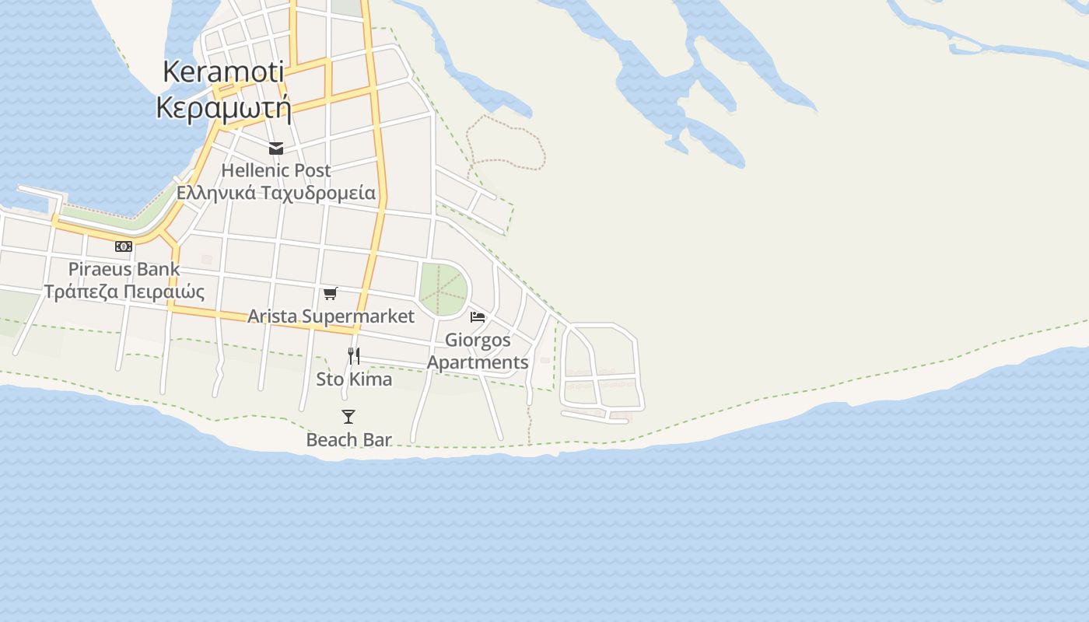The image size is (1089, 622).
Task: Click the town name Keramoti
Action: (x=223, y=72)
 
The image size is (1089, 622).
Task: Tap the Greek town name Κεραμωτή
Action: (x=223, y=107)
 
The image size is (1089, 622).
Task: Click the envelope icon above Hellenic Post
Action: (x=276, y=149)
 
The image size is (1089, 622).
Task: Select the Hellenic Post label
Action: (x=276, y=170)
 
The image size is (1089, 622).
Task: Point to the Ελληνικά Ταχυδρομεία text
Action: (x=276, y=193)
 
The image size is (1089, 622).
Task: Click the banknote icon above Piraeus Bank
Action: (x=124, y=246)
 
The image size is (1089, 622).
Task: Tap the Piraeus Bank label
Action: (x=124, y=269)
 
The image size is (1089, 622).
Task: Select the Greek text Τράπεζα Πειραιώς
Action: (x=124, y=292)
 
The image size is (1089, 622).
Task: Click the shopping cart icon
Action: (x=331, y=293)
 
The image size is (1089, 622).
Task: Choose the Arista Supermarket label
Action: (x=331, y=316)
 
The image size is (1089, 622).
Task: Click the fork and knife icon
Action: (x=353, y=356)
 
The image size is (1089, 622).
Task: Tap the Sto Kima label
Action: (x=354, y=379)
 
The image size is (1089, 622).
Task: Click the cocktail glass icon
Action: (x=348, y=417)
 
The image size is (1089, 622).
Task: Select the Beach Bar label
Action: (x=348, y=439)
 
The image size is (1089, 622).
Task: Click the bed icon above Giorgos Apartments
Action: (x=478, y=317)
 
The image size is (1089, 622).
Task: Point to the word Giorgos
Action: (x=478, y=341)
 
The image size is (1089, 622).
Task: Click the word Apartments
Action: (x=478, y=362)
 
